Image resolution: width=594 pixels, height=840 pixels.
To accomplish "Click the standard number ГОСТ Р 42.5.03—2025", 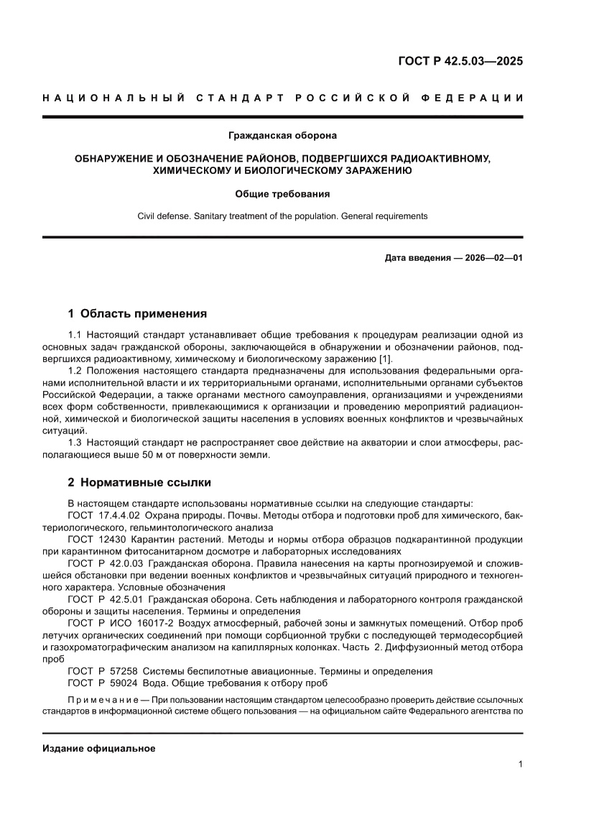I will tap(460, 61).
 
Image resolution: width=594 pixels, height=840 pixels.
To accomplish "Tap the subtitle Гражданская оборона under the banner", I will tap(282, 134).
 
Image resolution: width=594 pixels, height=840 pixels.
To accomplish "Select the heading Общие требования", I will tap(282, 194).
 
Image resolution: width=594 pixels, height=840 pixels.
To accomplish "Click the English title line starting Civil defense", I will tap(282, 216).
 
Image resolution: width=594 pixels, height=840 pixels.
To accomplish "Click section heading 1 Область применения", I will tap(137, 313).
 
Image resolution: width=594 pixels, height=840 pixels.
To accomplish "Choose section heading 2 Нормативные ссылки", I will tap(139, 482).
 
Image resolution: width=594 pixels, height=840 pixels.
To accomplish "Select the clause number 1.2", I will tap(75, 371).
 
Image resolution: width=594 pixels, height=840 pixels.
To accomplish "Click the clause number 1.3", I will tap(75, 443).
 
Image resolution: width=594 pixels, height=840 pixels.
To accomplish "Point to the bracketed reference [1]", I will tap(385, 359).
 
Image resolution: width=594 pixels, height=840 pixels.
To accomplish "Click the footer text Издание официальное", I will tap(99, 749).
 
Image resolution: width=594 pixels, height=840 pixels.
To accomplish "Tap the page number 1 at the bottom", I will tap(519, 765).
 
